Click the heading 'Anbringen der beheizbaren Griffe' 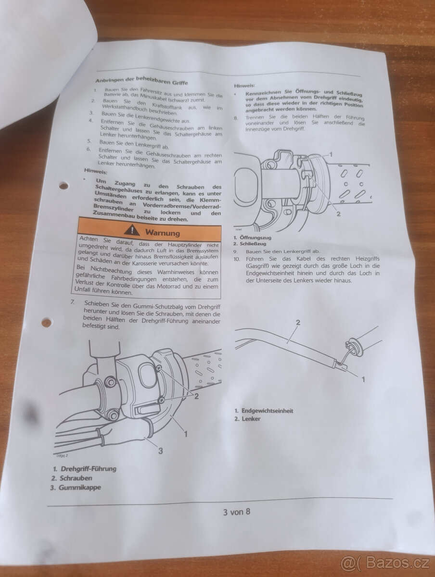(142, 81)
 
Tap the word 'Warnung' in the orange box (163, 233)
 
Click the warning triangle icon (132, 230)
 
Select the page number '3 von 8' (237, 512)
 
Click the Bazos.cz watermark (385, 563)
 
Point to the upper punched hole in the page (64, 186)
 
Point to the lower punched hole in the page (47, 322)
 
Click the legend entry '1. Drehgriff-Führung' (84, 468)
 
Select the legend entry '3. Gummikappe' (76, 488)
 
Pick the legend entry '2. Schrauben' (72, 478)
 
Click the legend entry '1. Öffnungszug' (252, 238)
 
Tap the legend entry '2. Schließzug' (250, 244)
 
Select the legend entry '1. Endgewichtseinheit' (264, 411)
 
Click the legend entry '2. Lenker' (247, 419)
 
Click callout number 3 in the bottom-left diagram (160, 451)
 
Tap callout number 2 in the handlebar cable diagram (298, 322)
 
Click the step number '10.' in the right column (237, 259)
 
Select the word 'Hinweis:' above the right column (244, 86)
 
